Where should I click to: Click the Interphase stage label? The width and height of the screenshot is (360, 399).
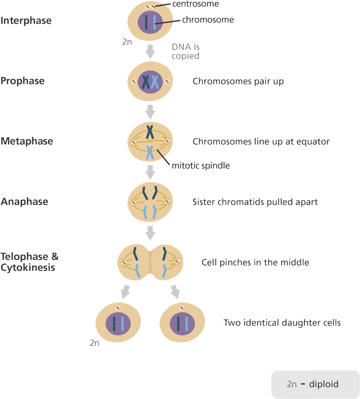26,21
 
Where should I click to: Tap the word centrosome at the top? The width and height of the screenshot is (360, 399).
195,4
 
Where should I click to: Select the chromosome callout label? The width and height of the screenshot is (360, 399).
208,20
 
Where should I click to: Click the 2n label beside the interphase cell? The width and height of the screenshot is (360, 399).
127,42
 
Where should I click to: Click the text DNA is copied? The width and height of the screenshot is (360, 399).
185,51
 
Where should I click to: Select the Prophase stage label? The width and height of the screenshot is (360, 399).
22,81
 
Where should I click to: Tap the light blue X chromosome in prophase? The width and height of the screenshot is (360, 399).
155,81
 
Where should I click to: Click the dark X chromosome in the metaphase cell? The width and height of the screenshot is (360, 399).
150,132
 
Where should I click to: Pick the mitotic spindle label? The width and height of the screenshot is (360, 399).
201,166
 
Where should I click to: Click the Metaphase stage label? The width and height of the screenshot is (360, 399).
27,141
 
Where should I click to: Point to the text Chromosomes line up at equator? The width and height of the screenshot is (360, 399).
261,141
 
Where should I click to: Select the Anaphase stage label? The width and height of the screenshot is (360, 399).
25,201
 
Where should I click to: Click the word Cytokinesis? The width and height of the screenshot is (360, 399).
28,267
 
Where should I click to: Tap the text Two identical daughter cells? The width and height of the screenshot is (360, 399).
282,323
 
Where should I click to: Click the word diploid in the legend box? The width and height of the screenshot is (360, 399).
323,384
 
